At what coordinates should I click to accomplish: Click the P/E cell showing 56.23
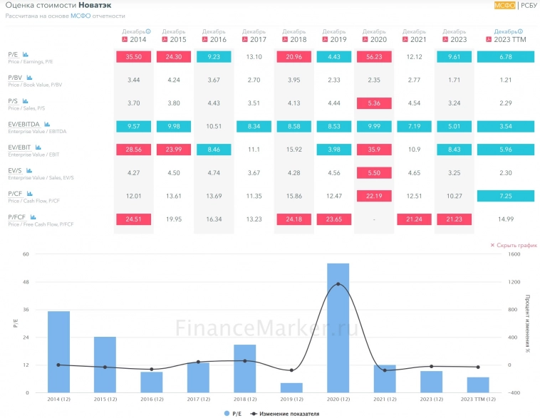374,57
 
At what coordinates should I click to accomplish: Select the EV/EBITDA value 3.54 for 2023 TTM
506,126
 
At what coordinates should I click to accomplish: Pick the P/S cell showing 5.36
374,103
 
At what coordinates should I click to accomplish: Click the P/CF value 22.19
374,195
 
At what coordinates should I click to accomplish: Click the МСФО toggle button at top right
504,6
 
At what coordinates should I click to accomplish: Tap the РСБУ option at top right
529,6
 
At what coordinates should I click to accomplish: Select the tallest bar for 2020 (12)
338,328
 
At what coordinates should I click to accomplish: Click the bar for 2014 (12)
58,352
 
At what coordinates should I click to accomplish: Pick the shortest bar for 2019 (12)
291,387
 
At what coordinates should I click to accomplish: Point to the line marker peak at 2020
338,284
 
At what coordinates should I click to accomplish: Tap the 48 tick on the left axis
26,282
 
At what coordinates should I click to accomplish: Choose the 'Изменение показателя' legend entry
285,413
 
